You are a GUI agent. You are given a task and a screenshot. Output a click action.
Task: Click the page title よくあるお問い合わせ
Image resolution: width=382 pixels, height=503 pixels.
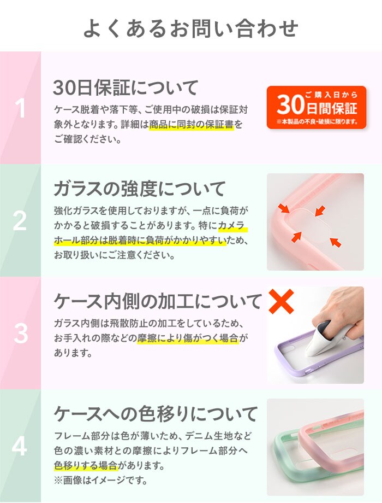(191, 28)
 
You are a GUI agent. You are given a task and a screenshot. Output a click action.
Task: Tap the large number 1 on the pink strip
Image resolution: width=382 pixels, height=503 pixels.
(20, 108)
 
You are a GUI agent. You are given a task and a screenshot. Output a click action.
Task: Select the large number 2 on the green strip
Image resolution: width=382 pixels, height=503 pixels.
(20, 221)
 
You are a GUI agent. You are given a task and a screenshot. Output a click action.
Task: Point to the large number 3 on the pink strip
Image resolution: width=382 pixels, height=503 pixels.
(21, 334)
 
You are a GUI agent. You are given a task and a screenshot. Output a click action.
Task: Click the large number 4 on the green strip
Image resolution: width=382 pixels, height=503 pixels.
(19, 446)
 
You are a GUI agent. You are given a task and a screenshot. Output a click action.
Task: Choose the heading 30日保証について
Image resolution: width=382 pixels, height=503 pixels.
(126, 87)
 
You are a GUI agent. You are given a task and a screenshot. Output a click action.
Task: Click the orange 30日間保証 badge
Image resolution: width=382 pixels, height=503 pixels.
(317, 107)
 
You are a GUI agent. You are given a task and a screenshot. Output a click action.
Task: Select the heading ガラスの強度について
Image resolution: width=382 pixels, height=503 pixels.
(140, 188)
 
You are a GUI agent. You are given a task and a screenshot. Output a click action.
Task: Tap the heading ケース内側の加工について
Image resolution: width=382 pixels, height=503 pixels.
(158, 301)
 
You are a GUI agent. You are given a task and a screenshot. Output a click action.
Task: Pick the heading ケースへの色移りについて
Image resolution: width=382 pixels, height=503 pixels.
(156, 414)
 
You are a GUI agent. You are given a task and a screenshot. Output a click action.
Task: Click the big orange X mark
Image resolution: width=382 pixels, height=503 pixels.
(281, 301)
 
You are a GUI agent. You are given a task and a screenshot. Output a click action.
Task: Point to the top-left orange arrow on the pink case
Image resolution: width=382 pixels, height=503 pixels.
(283, 208)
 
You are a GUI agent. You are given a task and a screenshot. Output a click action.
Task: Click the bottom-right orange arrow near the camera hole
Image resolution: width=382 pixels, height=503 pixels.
(335, 242)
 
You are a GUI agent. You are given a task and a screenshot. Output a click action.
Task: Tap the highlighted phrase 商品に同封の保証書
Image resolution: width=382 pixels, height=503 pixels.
(192, 125)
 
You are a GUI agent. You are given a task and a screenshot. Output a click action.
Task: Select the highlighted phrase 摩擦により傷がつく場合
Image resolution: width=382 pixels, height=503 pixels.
(188, 338)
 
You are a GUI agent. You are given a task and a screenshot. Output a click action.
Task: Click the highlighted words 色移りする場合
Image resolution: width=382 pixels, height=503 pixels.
(86, 465)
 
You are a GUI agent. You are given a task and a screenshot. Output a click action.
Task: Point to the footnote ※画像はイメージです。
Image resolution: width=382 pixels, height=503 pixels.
(101, 480)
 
